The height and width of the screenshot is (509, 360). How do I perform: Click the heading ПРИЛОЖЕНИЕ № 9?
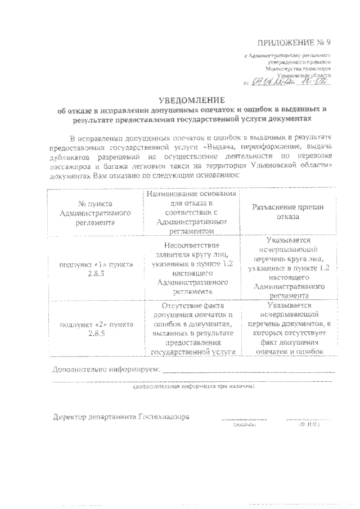point(294,43)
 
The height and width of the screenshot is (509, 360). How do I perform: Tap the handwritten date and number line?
point(290,82)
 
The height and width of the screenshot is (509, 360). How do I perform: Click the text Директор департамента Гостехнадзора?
point(120,418)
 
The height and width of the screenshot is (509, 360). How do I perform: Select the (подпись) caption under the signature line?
point(244,426)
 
